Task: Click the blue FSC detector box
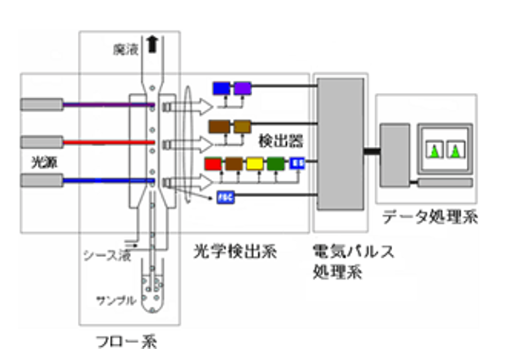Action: click(225, 198)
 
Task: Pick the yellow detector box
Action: click(255, 164)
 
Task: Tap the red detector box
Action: click(213, 164)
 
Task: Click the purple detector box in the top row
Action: click(242, 89)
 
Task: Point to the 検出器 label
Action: click(279, 141)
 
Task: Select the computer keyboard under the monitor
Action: click(444, 183)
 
